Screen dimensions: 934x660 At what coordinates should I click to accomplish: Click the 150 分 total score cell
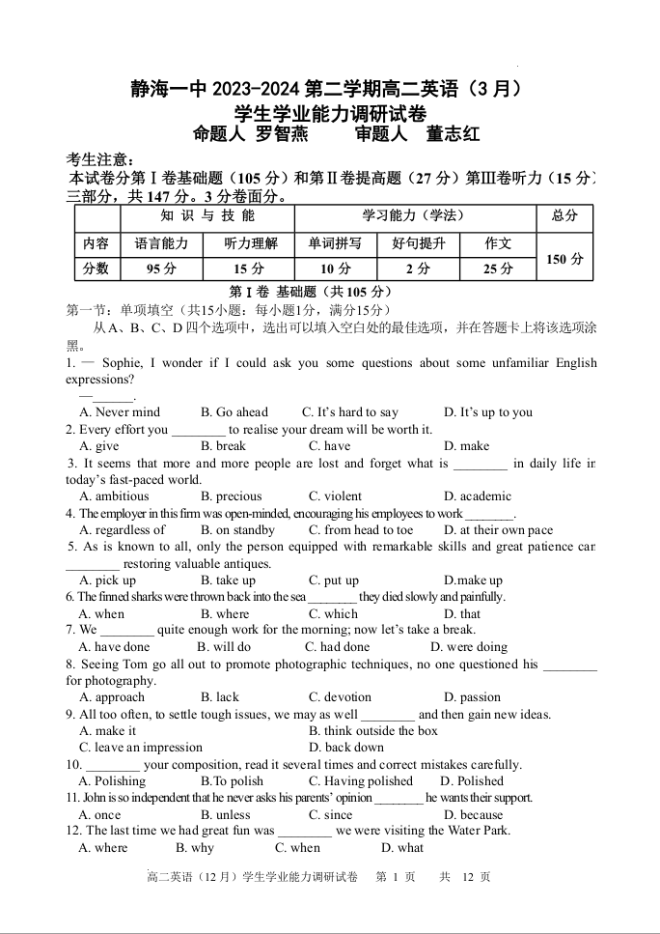564,258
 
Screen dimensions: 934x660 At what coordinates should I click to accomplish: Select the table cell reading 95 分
161,269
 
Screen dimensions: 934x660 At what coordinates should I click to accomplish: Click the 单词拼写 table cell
335,244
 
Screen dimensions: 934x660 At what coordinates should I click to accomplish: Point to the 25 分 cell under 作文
498,269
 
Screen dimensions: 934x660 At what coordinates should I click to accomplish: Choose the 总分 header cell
564,216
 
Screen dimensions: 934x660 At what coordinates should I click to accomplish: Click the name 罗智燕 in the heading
281,135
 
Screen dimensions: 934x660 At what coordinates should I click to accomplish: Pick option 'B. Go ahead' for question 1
234,412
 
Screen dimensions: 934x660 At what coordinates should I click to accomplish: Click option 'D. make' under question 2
466,446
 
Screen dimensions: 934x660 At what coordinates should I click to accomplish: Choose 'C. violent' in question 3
335,496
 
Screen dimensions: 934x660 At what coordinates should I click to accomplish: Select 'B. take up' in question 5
228,580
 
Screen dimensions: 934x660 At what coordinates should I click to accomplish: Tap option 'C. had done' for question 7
337,647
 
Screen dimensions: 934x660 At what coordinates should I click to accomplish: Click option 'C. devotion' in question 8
340,697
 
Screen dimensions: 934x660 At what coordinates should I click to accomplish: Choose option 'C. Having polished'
360,781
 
